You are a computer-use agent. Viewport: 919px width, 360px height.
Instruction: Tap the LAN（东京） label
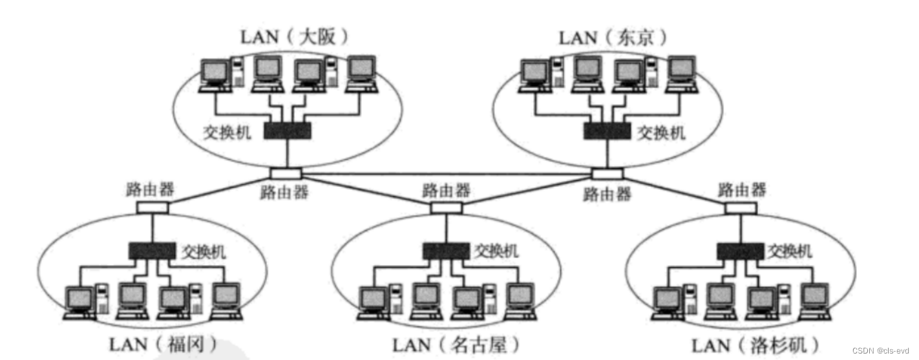tap(612, 36)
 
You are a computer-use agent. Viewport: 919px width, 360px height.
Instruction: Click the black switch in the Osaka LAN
tap(288, 131)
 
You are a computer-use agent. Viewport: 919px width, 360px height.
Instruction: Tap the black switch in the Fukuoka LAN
tap(152, 250)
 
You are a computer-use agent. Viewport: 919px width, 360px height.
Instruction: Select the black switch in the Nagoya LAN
tap(447, 250)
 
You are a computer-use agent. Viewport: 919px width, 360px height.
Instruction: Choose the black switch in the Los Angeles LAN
tap(741, 250)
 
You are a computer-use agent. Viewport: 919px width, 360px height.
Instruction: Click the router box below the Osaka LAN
tap(285, 174)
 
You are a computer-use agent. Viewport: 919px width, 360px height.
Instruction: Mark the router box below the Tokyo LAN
tap(607, 174)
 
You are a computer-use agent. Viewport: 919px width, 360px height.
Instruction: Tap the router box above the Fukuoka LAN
tap(153, 207)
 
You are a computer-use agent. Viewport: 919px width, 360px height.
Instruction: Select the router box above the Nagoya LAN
tap(446, 207)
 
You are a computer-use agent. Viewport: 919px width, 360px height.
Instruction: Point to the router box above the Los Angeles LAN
tap(741, 208)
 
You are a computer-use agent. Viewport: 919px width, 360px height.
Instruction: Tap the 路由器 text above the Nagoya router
tap(446, 191)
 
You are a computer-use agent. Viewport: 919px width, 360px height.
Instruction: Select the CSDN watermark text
tap(881, 350)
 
